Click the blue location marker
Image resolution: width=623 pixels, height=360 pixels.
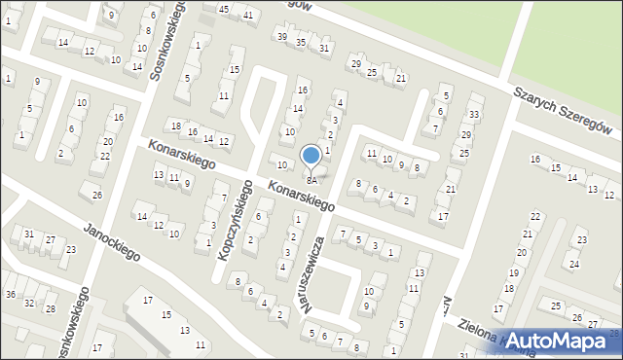[311, 157]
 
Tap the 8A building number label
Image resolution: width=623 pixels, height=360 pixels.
[311, 180]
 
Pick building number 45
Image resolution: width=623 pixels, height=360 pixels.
[224, 9]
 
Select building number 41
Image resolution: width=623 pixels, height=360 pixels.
[248, 16]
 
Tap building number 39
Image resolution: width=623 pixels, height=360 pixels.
[282, 36]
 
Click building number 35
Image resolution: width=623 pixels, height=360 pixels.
[301, 43]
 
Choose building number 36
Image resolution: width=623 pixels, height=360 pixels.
[10, 294]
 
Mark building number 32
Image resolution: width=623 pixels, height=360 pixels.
[29, 303]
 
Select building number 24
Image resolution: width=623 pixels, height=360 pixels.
[574, 264]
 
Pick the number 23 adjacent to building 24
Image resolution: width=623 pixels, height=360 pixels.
[581, 239]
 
